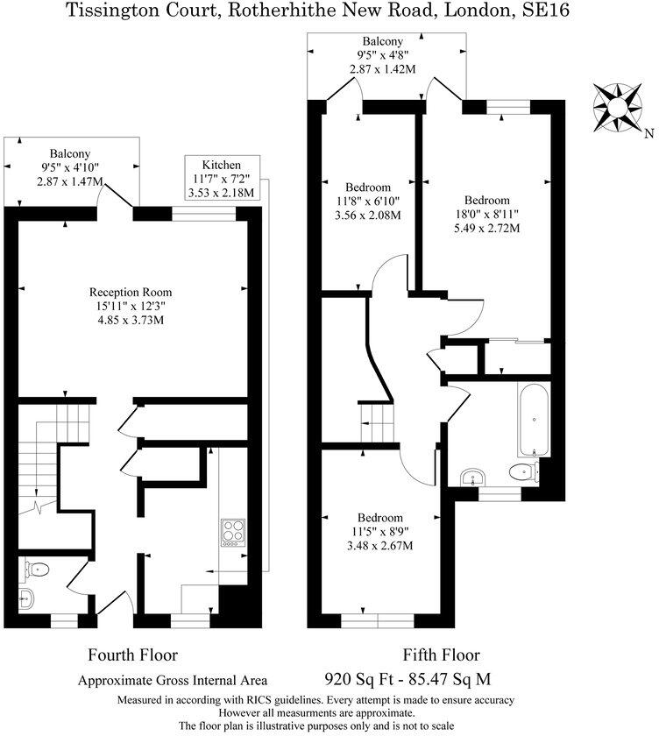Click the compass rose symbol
coord(618,104)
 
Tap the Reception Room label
coord(131,292)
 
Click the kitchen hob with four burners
coord(234,533)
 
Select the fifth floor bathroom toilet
coord(523,473)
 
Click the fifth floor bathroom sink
coord(475,477)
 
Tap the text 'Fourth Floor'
coord(132,655)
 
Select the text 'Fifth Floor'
coord(441,655)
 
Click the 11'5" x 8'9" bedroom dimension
coord(380,531)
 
